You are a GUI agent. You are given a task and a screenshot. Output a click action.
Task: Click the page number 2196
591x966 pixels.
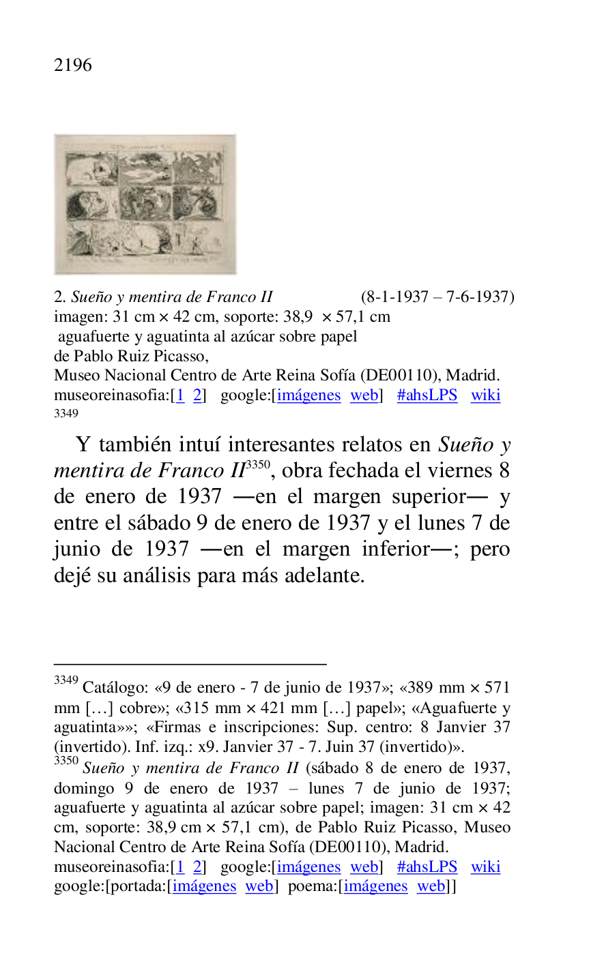point(72,65)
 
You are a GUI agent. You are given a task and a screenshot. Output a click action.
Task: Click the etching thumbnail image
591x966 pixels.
point(145,204)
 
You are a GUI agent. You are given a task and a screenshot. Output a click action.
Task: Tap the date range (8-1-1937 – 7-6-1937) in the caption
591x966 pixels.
point(437,297)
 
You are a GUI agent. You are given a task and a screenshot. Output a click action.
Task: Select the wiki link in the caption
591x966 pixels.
point(485,395)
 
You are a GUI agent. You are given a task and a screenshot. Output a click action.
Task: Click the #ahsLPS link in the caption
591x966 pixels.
point(427,395)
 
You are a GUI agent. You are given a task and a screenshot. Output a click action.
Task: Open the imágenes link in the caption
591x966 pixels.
point(308,395)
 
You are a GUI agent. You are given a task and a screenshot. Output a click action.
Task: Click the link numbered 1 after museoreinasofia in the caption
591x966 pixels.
point(180,395)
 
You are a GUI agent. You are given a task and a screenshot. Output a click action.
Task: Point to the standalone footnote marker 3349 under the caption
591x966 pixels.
point(66,413)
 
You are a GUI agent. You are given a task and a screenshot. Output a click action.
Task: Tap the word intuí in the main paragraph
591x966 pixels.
point(199,445)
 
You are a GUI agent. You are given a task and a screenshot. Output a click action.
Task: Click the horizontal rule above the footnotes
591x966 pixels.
point(190,663)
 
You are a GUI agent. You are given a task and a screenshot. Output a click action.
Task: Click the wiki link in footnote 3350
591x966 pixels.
point(485,867)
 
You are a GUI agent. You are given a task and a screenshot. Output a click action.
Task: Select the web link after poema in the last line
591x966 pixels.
point(431,886)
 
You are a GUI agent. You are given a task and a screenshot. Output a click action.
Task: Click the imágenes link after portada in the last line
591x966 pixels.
point(204,886)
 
